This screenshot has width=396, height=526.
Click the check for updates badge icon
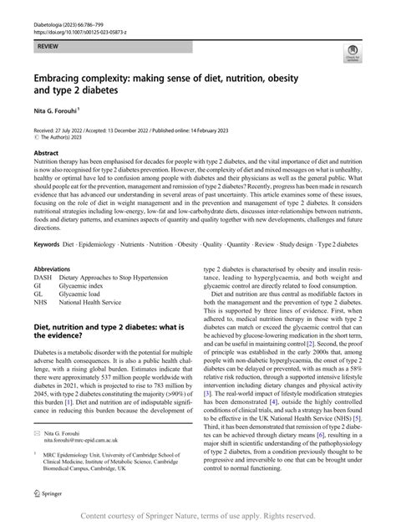pyautogui.click(x=353, y=55)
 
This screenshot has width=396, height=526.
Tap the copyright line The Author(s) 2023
pyautogui.click(x=66, y=140)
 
